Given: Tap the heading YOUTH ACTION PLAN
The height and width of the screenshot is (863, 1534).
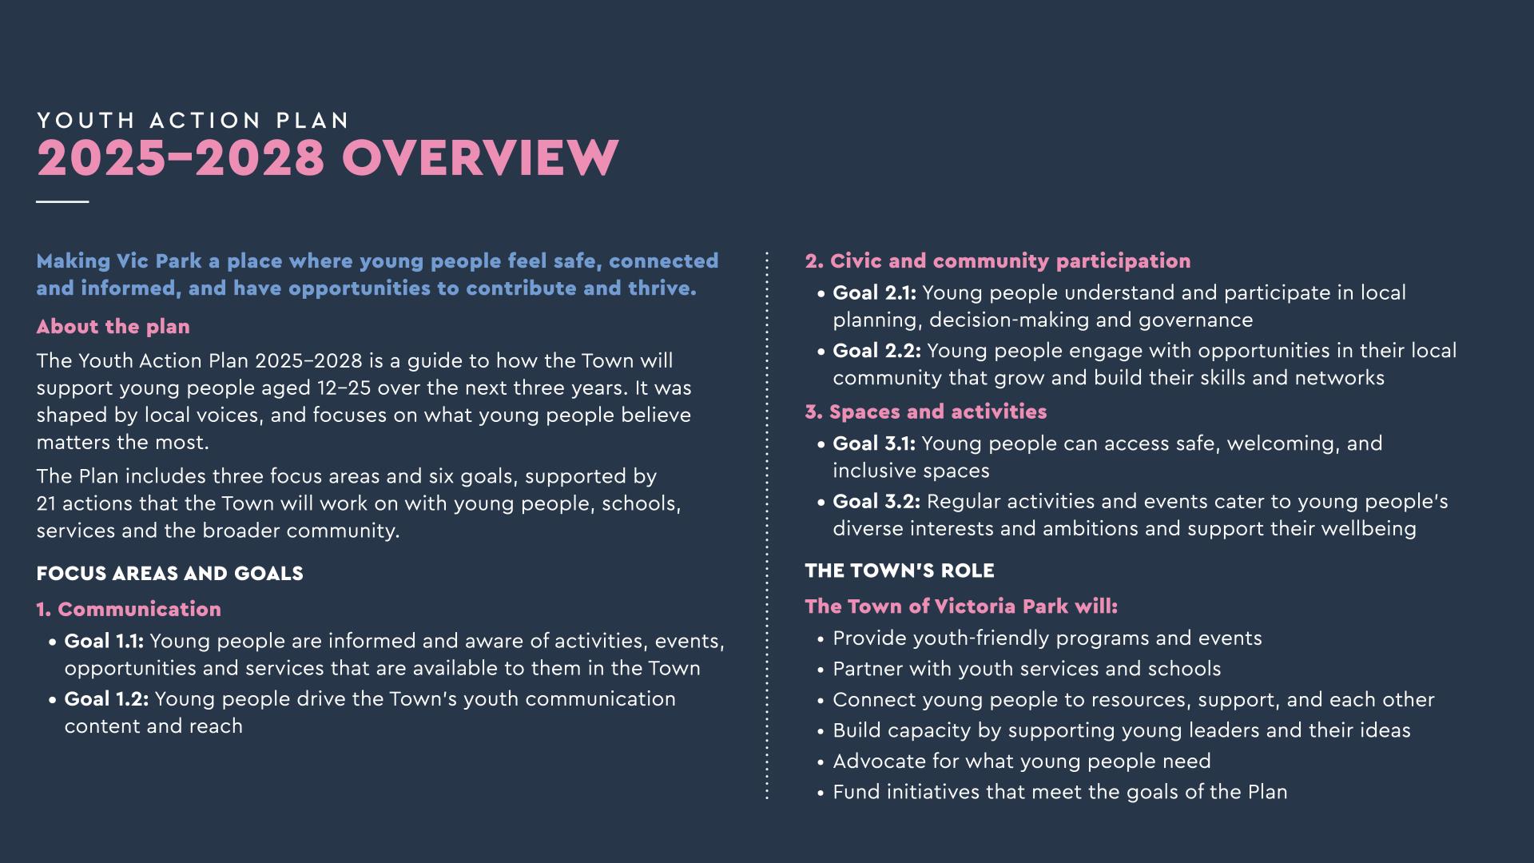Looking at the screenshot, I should [x=193, y=121].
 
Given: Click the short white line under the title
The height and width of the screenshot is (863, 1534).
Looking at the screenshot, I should [x=62, y=201].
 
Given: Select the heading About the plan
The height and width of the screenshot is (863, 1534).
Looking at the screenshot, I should [x=113, y=327].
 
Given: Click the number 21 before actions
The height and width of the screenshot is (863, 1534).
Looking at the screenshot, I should [x=46, y=504].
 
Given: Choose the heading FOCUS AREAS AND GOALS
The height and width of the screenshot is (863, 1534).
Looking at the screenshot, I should [x=169, y=574].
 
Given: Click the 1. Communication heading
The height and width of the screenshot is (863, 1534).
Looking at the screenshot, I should [x=129, y=610].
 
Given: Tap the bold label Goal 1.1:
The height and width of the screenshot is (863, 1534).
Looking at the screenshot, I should [x=104, y=642].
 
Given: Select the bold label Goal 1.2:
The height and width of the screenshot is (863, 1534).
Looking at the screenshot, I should [x=106, y=699].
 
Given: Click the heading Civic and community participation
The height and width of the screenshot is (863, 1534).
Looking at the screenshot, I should [x=1010, y=261].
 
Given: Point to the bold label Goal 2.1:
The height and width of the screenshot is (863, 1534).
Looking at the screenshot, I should [x=874, y=293].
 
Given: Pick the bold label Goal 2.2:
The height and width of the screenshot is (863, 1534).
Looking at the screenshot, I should [x=876, y=351].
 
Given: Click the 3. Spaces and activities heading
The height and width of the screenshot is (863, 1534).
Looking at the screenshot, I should [x=925, y=412].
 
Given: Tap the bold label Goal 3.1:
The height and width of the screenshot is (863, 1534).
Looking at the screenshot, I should [x=874, y=444].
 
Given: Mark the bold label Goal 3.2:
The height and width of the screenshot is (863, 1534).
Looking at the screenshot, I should [x=876, y=502].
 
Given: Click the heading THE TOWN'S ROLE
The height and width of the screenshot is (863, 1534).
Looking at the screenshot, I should [x=900, y=571].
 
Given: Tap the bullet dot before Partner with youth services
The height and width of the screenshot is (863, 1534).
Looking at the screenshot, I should [x=821, y=670].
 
